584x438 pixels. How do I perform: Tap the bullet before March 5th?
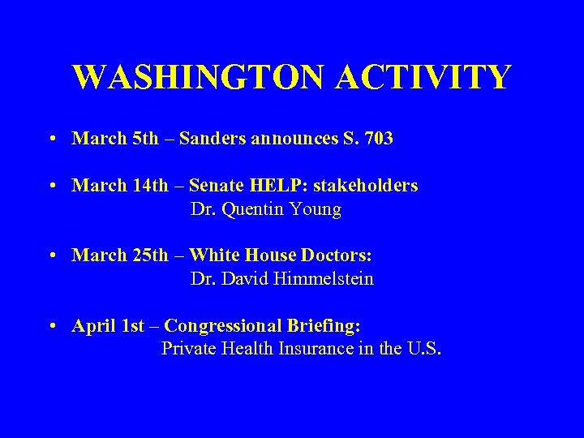tap(52, 140)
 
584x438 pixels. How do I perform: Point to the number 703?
tap(379, 139)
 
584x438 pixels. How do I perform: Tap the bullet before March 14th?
tap(52, 187)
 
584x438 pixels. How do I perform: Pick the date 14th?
tap(150, 186)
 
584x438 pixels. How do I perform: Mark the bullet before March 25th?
tap(52, 256)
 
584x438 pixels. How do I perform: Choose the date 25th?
tap(150, 255)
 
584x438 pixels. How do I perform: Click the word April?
tap(93, 326)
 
